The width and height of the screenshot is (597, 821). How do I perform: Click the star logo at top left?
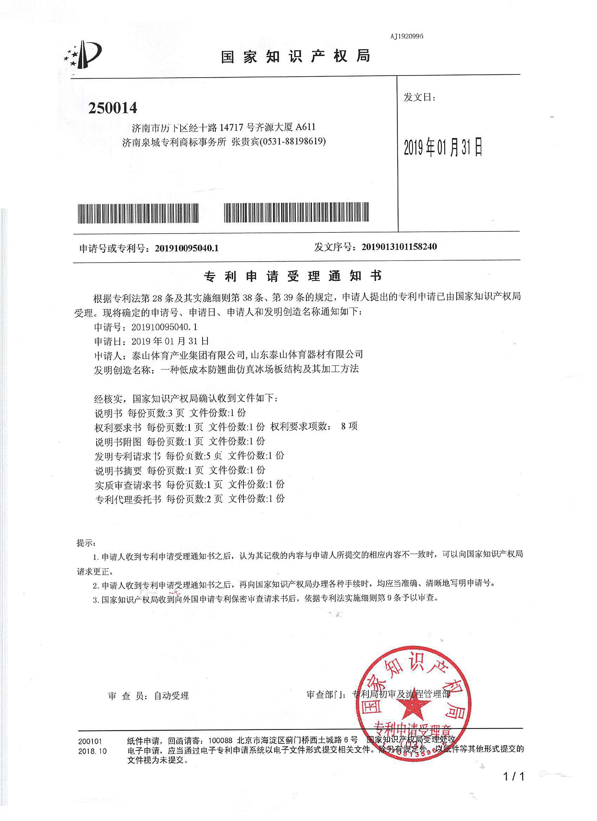pyautogui.click(x=83, y=54)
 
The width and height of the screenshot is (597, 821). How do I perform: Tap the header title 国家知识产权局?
pyautogui.click(x=295, y=57)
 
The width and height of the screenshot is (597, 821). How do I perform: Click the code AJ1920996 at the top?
pyautogui.click(x=407, y=36)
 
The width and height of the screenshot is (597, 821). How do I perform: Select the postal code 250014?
pyautogui.click(x=113, y=108)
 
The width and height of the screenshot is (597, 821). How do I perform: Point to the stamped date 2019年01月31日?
pyautogui.click(x=443, y=147)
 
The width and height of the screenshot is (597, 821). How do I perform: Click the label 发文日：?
pyautogui.click(x=419, y=97)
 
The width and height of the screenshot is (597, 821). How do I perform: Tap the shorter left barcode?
pyautogui.click(x=138, y=213)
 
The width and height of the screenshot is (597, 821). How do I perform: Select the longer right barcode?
pyautogui.click(x=296, y=212)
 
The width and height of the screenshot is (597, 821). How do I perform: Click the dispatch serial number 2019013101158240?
pyautogui.click(x=399, y=247)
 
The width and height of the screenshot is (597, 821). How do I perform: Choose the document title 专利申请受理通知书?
pyautogui.click(x=293, y=277)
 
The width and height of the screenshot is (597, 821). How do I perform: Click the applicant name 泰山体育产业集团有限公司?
pyautogui.click(x=189, y=355)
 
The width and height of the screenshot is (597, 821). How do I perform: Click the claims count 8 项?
pyautogui.click(x=349, y=426)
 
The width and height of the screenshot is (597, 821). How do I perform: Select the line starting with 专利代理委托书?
pyautogui.click(x=189, y=499)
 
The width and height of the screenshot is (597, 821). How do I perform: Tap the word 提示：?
pyautogui.click(x=86, y=543)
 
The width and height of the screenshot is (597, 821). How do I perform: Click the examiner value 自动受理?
pyautogui.click(x=171, y=696)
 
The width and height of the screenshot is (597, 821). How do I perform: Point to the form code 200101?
pyautogui.click(x=90, y=742)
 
